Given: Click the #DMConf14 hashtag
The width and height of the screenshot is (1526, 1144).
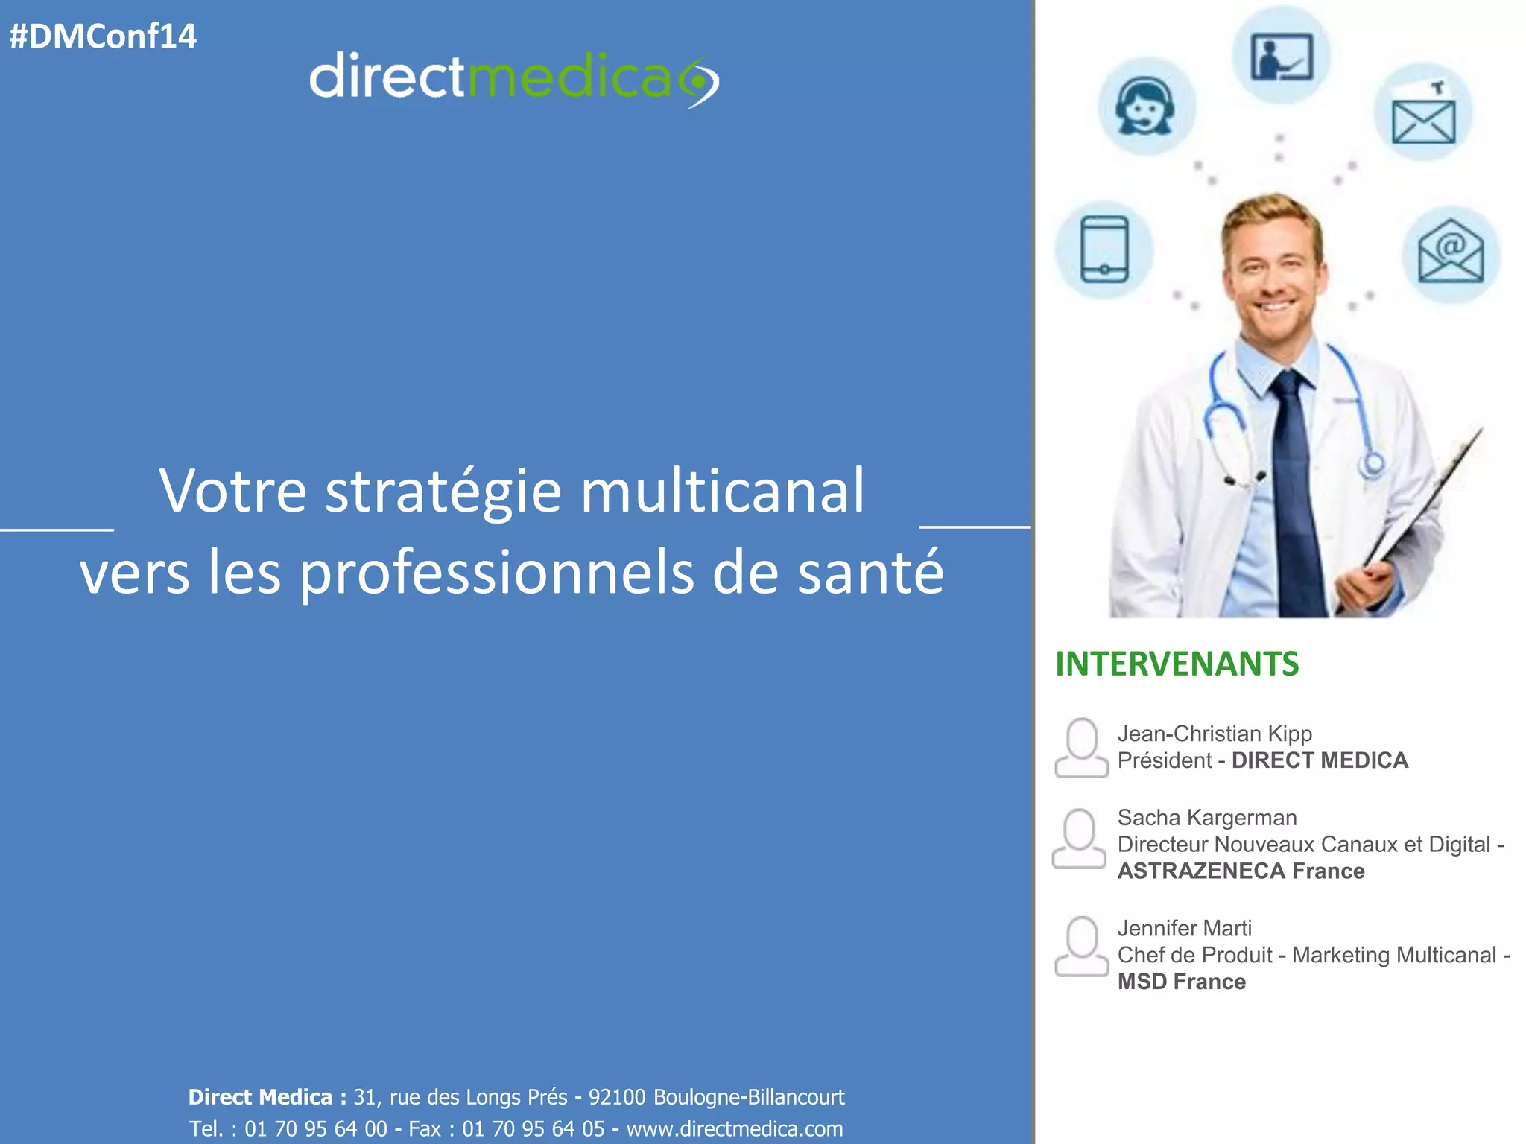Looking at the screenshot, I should [103, 36].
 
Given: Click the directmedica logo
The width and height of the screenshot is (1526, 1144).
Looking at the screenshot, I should [513, 78].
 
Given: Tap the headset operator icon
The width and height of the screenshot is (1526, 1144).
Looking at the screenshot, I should [1145, 107].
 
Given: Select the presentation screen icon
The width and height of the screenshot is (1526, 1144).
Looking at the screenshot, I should [1281, 57].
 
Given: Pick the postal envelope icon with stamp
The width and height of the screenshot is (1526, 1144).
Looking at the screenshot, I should [1423, 113].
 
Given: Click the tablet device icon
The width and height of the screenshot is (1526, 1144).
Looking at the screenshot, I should [1104, 250].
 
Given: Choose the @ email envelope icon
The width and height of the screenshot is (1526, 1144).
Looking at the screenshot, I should [1450, 254].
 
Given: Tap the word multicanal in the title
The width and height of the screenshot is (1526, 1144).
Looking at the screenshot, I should [722, 492].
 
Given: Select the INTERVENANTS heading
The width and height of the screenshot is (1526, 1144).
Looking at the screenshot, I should [1177, 664].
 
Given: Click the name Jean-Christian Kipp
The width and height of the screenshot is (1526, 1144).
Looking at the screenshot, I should [1215, 734].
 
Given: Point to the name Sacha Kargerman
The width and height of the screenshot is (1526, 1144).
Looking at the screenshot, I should [1207, 818].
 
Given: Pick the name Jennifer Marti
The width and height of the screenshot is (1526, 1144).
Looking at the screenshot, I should [1184, 928].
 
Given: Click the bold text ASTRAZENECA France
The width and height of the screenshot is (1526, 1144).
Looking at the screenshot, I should [1241, 871].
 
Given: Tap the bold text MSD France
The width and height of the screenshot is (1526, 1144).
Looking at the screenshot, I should [1181, 982].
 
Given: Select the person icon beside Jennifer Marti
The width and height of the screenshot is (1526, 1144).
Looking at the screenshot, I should [1081, 947].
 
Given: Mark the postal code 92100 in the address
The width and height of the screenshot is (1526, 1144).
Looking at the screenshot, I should [617, 1097].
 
